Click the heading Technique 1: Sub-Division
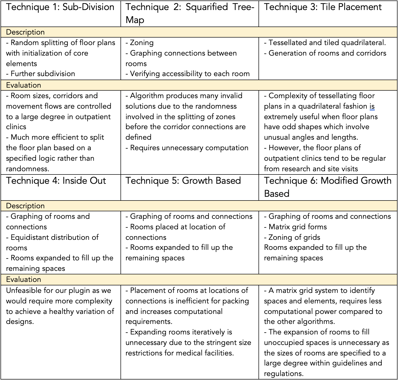tap(60, 7)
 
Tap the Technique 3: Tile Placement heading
tap(323, 7)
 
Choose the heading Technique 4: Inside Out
tap(56, 181)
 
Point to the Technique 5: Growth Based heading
tap(183, 181)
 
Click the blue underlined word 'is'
tap(372, 106)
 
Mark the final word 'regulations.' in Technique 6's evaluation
tap(284, 373)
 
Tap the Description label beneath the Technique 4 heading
tap(25, 206)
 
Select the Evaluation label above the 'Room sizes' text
tap(23, 85)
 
